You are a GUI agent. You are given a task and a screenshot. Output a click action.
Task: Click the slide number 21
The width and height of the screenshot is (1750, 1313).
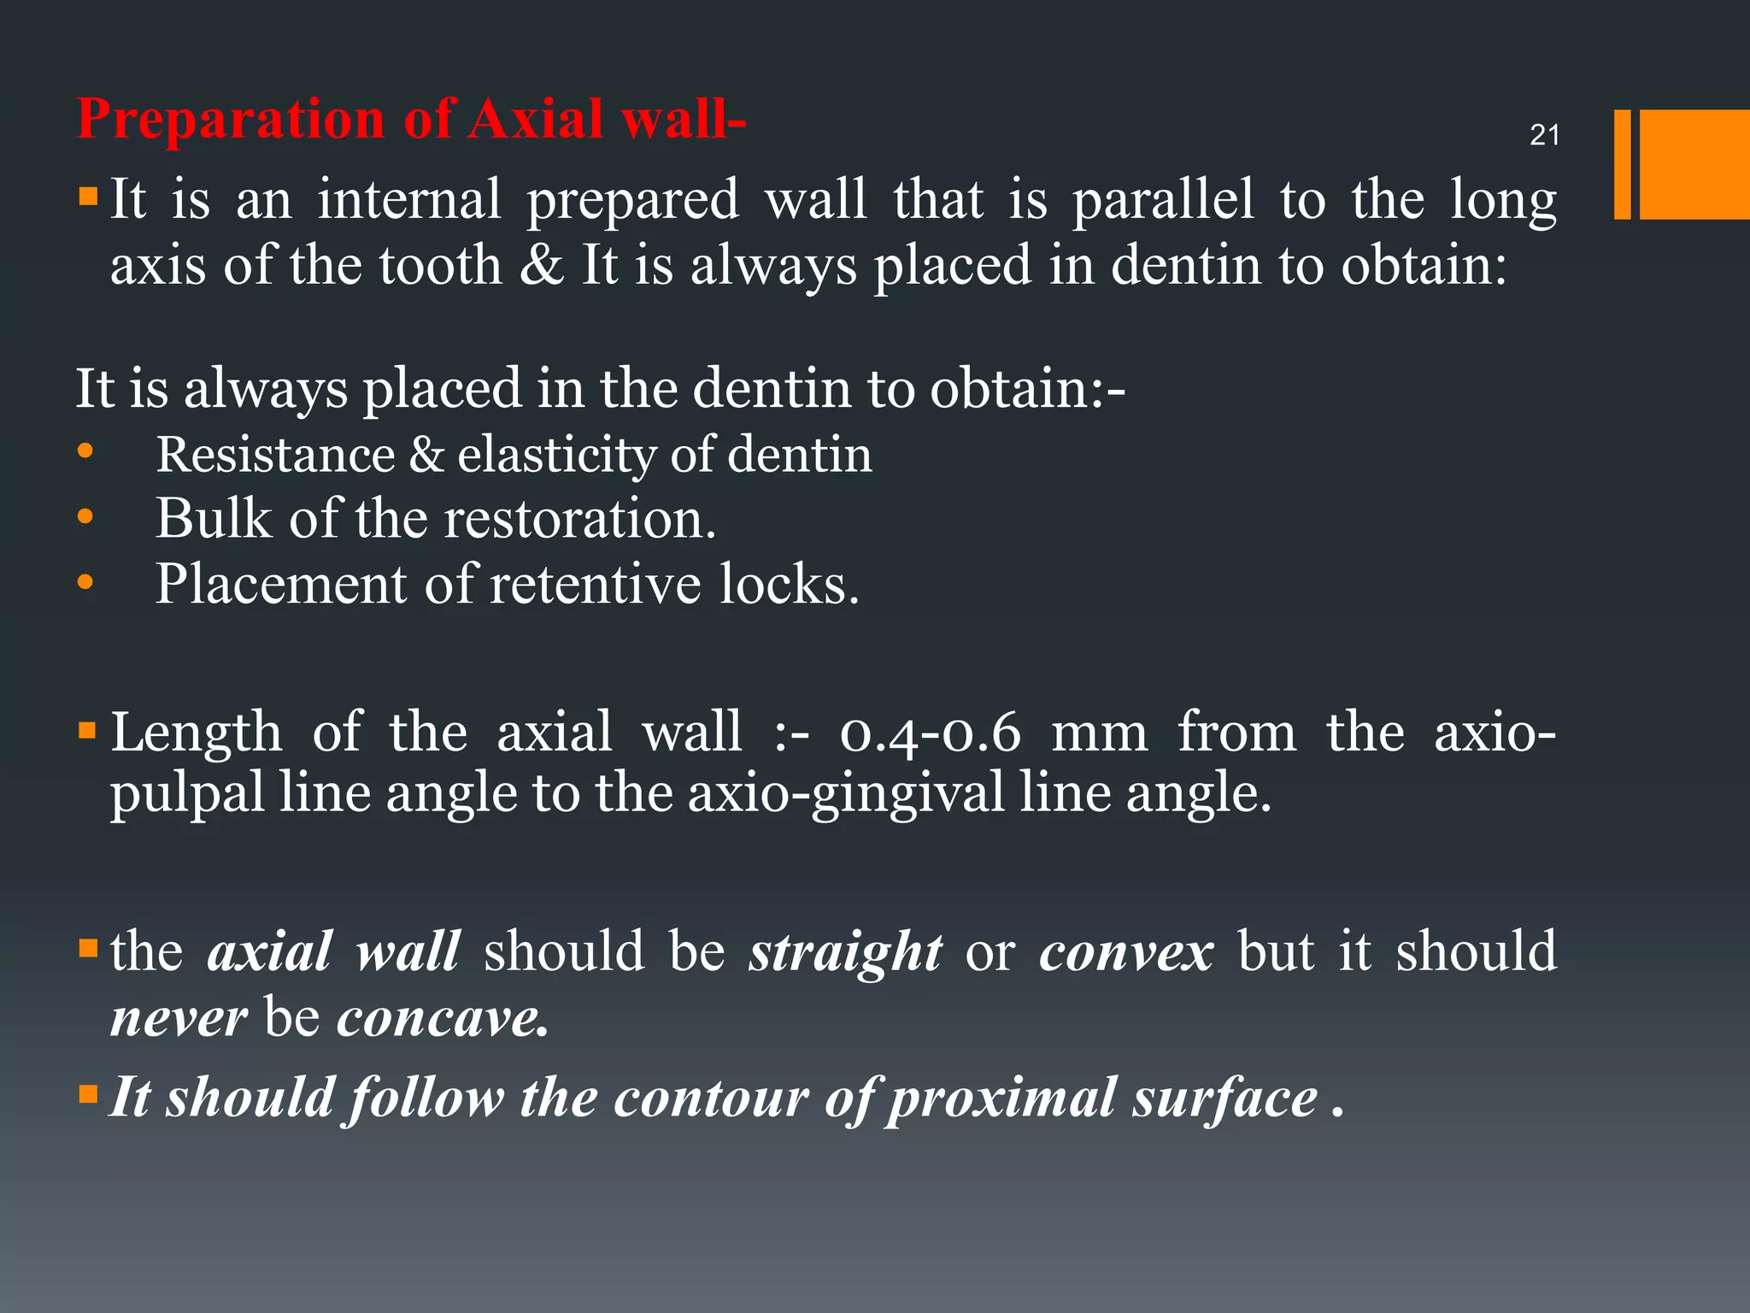[x=1544, y=135]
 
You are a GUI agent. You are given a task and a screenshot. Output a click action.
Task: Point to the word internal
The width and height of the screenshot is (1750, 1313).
[x=409, y=199]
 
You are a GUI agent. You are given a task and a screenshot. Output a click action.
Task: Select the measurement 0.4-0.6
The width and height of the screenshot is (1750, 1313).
[x=931, y=733]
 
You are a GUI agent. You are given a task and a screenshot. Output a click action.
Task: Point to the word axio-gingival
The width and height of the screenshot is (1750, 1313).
[x=846, y=794]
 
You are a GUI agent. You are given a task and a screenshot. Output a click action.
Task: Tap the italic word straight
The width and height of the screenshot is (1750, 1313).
[x=845, y=953]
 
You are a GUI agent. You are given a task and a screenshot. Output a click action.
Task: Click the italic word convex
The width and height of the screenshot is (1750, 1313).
[x=1125, y=953]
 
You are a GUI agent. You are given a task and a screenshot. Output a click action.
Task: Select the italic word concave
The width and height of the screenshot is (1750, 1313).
[x=442, y=1018]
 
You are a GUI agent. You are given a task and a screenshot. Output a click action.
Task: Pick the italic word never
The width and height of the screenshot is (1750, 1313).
[x=179, y=1018]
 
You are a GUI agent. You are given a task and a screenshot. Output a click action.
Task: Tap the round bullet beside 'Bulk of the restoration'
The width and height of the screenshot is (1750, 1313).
[x=85, y=516]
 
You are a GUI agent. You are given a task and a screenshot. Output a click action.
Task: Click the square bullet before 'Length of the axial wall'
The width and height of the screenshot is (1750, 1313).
[x=87, y=731]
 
